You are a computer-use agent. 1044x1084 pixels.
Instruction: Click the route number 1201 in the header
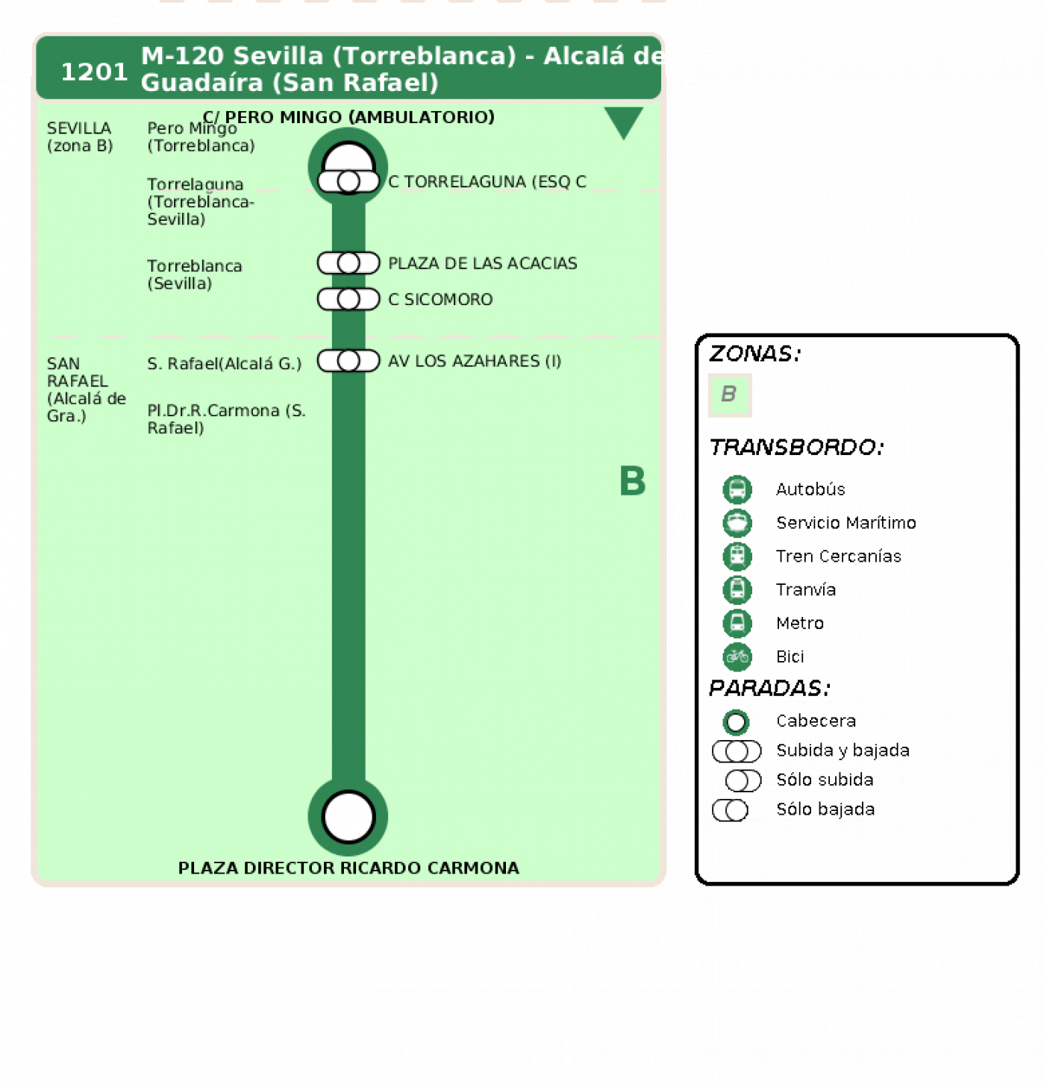pyautogui.click(x=94, y=72)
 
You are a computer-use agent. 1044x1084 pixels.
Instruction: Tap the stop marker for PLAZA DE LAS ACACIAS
pyautogui.click(x=348, y=263)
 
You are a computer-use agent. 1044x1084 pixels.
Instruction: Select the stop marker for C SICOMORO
pyautogui.click(x=348, y=299)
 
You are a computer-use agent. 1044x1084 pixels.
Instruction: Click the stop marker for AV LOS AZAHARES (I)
pyautogui.click(x=348, y=361)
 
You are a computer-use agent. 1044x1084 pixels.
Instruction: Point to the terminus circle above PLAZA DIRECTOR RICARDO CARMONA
pyautogui.click(x=348, y=816)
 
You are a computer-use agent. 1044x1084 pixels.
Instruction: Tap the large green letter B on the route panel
pyautogui.click(x=632, y=480)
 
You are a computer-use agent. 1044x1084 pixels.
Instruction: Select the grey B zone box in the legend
pyautogui.click(x=730, y=395)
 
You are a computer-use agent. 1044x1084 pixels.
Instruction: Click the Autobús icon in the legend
pyautogui.click(x=737, y=489)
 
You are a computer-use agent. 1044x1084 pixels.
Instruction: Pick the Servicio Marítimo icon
pyautogui.click(x=737, y=523)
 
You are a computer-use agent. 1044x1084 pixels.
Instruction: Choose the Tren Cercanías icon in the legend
pyautogui.click(x=737, y=557)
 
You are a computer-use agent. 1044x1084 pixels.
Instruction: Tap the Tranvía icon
pyautogui.click(x=737, y=590)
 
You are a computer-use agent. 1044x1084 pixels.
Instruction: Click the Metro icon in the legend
pyautogui.click(x=737, y=624)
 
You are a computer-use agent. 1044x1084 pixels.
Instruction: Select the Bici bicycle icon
pyautogui.click(x=737, y=657)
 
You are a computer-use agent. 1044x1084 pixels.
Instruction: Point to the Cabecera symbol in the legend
pyautogui.click(x=736, y=722)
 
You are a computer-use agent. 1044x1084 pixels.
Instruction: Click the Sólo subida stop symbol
pyautogui.click(x=743, y=780)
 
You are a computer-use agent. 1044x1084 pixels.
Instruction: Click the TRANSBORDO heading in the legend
pyautogui.click(x=797, y=448)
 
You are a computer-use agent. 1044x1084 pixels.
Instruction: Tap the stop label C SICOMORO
pyautogui.click(x=440, y=300)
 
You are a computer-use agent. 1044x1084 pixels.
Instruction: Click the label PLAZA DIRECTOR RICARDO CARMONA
pyautogui.click(x=348, y=868)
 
